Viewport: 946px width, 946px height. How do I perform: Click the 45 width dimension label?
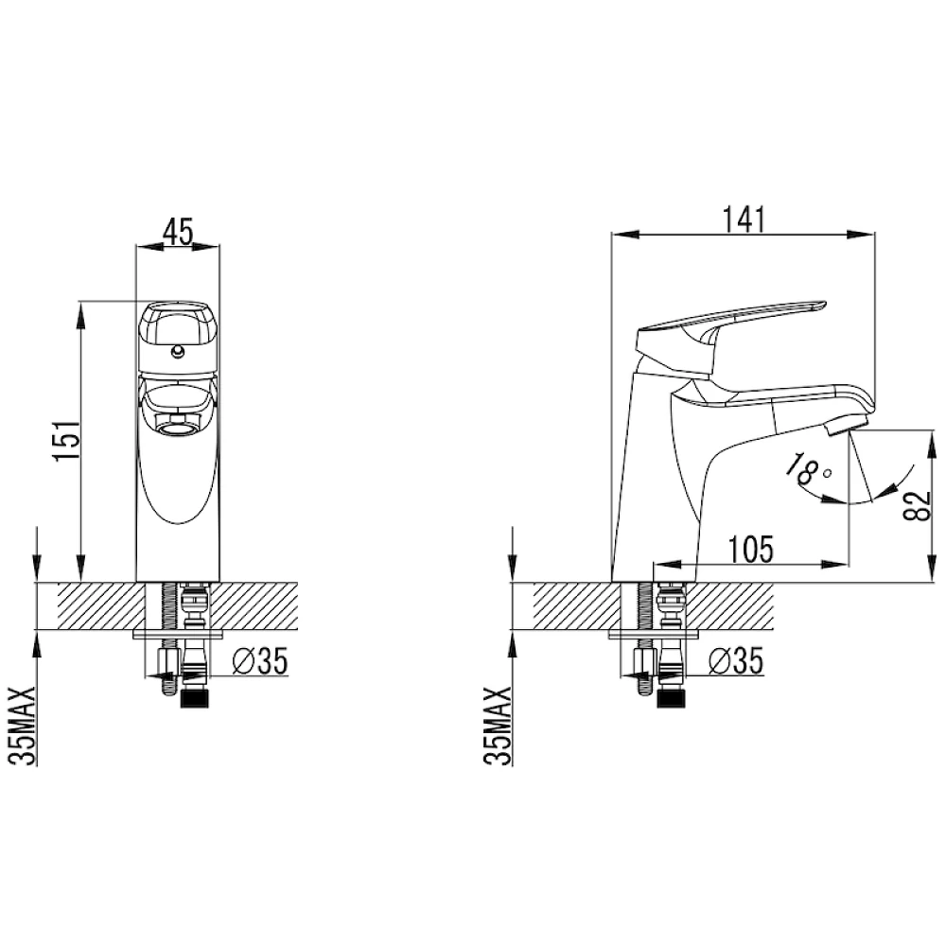pos(178,230)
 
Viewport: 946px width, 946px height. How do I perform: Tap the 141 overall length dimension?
pos(743,219)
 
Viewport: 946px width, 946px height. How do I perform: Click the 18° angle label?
pos(811,469)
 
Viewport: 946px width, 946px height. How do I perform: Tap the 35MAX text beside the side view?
pos(499,725)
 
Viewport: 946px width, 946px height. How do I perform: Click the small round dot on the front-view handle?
pos(177,352)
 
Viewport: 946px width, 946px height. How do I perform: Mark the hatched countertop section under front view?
pos(95,605)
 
